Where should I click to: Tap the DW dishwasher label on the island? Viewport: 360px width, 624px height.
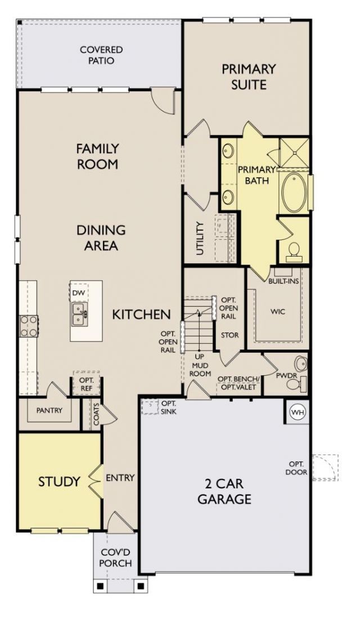coord(79,293)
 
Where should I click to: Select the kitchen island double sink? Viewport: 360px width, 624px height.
coord(79,313)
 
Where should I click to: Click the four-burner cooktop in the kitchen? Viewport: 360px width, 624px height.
coord(29,326)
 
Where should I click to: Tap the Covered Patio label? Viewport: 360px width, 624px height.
coord(96,55)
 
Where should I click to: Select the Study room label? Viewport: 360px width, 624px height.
coord(59,482)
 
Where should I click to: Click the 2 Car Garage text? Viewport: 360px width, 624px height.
coord(224,491)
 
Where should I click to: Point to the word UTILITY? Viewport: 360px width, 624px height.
coord(200,239)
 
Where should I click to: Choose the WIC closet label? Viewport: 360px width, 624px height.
coord(278,312)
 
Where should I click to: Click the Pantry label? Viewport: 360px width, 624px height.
coord(49,410)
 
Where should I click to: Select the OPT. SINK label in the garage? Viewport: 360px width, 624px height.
coord(169,407)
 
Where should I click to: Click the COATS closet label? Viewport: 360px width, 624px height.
coord(97,415)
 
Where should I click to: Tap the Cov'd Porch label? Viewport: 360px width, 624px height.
coord(115,558)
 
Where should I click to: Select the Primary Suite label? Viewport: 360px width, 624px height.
coord(249,77)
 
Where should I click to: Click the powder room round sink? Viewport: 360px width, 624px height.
coord(301,363)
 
